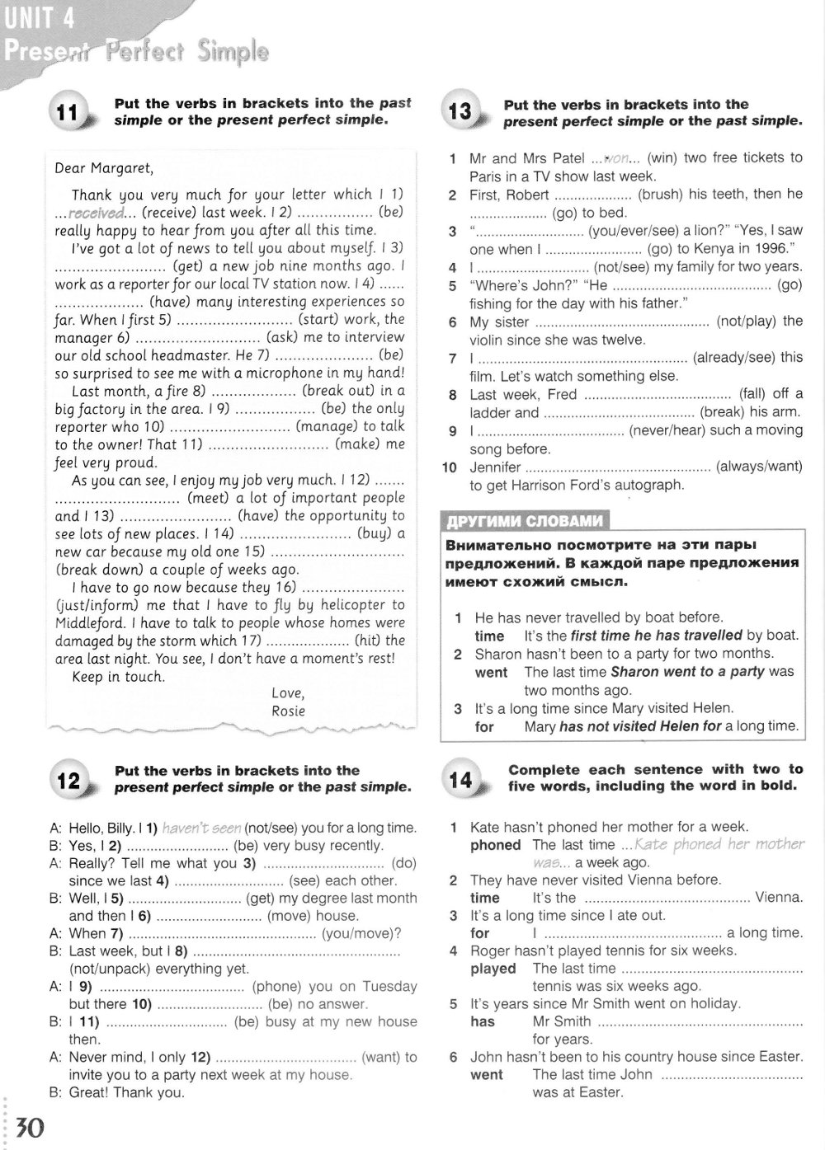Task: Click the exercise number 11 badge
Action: [x=68, y=114]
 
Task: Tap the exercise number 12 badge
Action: [x=68, y=780]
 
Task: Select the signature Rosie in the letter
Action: [x=288, y=711]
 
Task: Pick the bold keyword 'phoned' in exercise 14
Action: [x=495, y=845]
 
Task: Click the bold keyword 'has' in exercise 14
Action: [x=483, y=1021]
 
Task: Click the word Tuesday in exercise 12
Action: [x=390, y=986]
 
